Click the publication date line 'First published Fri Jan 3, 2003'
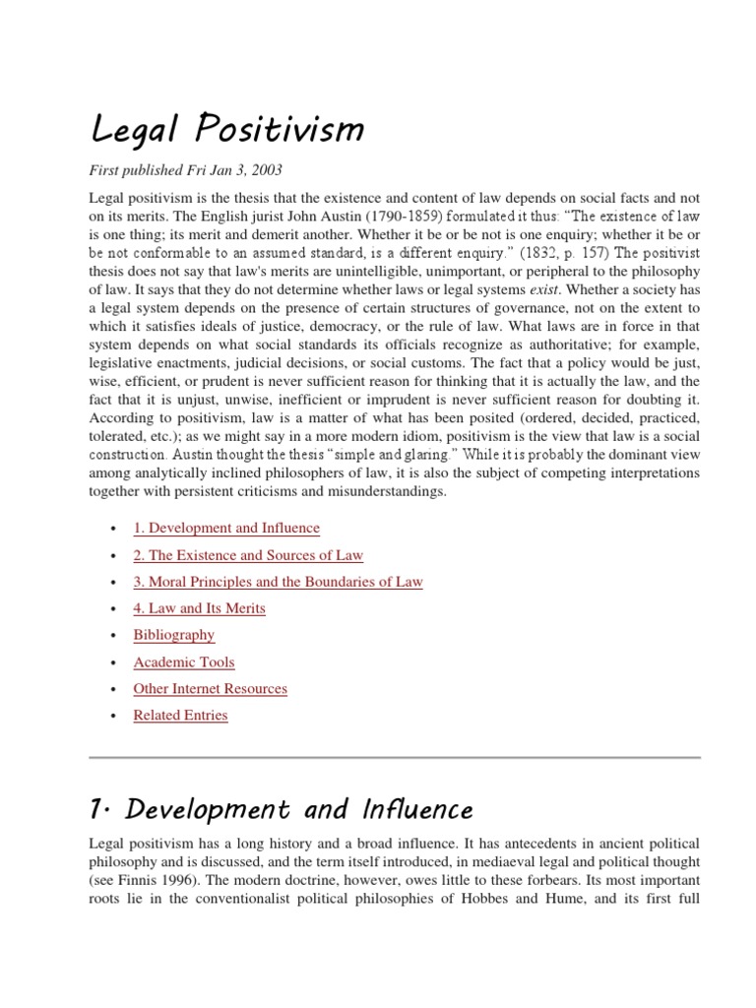186,170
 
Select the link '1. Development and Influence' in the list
226,529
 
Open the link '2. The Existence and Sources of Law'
248,555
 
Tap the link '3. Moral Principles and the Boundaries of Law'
278,582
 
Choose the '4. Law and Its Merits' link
199,608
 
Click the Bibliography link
174,635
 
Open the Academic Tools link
184,662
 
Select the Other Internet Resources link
211,689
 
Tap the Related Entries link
180,716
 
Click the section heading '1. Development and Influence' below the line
282,810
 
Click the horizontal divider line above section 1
395,757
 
